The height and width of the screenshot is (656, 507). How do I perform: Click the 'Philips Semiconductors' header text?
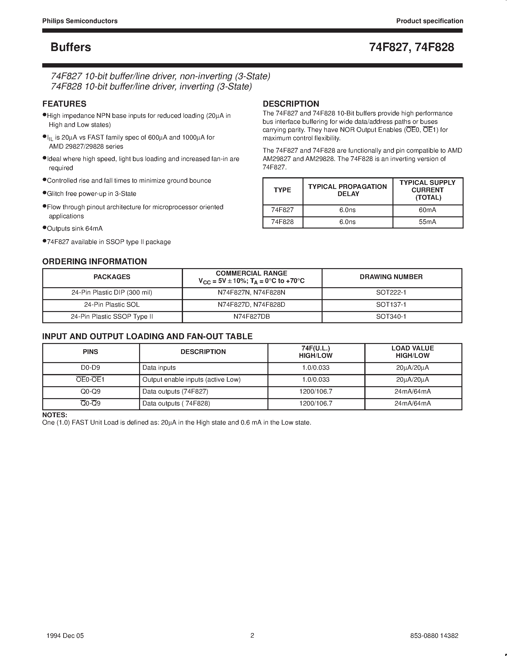pyautogui.click(x=80, y=21)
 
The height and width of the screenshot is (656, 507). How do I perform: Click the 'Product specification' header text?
pyautogui.click(x=429, y=21)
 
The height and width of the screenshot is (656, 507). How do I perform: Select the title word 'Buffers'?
pyautogui.click(x=71, y=47)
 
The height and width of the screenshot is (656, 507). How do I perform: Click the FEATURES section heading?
pyautogui.click(x=64, y=104)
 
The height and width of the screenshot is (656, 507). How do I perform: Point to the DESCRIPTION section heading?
pyautogui.click(x=291, y=104)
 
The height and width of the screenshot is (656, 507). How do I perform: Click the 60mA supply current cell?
pyautogui.click(x=427, y=210)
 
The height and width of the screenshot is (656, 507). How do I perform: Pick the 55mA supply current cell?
pyautogui.click(x=427, y=222)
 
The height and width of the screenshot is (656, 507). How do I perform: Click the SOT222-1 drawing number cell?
pyautogui.click(x=391, y=292)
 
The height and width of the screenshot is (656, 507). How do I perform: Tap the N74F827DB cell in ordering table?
pyautogui.click(x=251, y=317)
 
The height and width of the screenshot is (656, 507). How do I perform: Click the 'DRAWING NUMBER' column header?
pyautogui.click(x=391, y=277)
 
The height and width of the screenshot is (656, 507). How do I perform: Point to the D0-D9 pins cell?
pyautogui.click(x=90, y=368)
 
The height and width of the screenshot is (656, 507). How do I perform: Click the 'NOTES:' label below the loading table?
pyautogui.click(x=55, y=415)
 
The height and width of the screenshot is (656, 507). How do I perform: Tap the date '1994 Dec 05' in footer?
pyautogui.click(x=65, y=635)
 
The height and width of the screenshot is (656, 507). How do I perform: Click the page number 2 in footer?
pyautogui.click(x=252, y=635)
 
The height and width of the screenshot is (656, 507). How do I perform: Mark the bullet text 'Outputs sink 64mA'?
pyautogui.click(x=75, y=229)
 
